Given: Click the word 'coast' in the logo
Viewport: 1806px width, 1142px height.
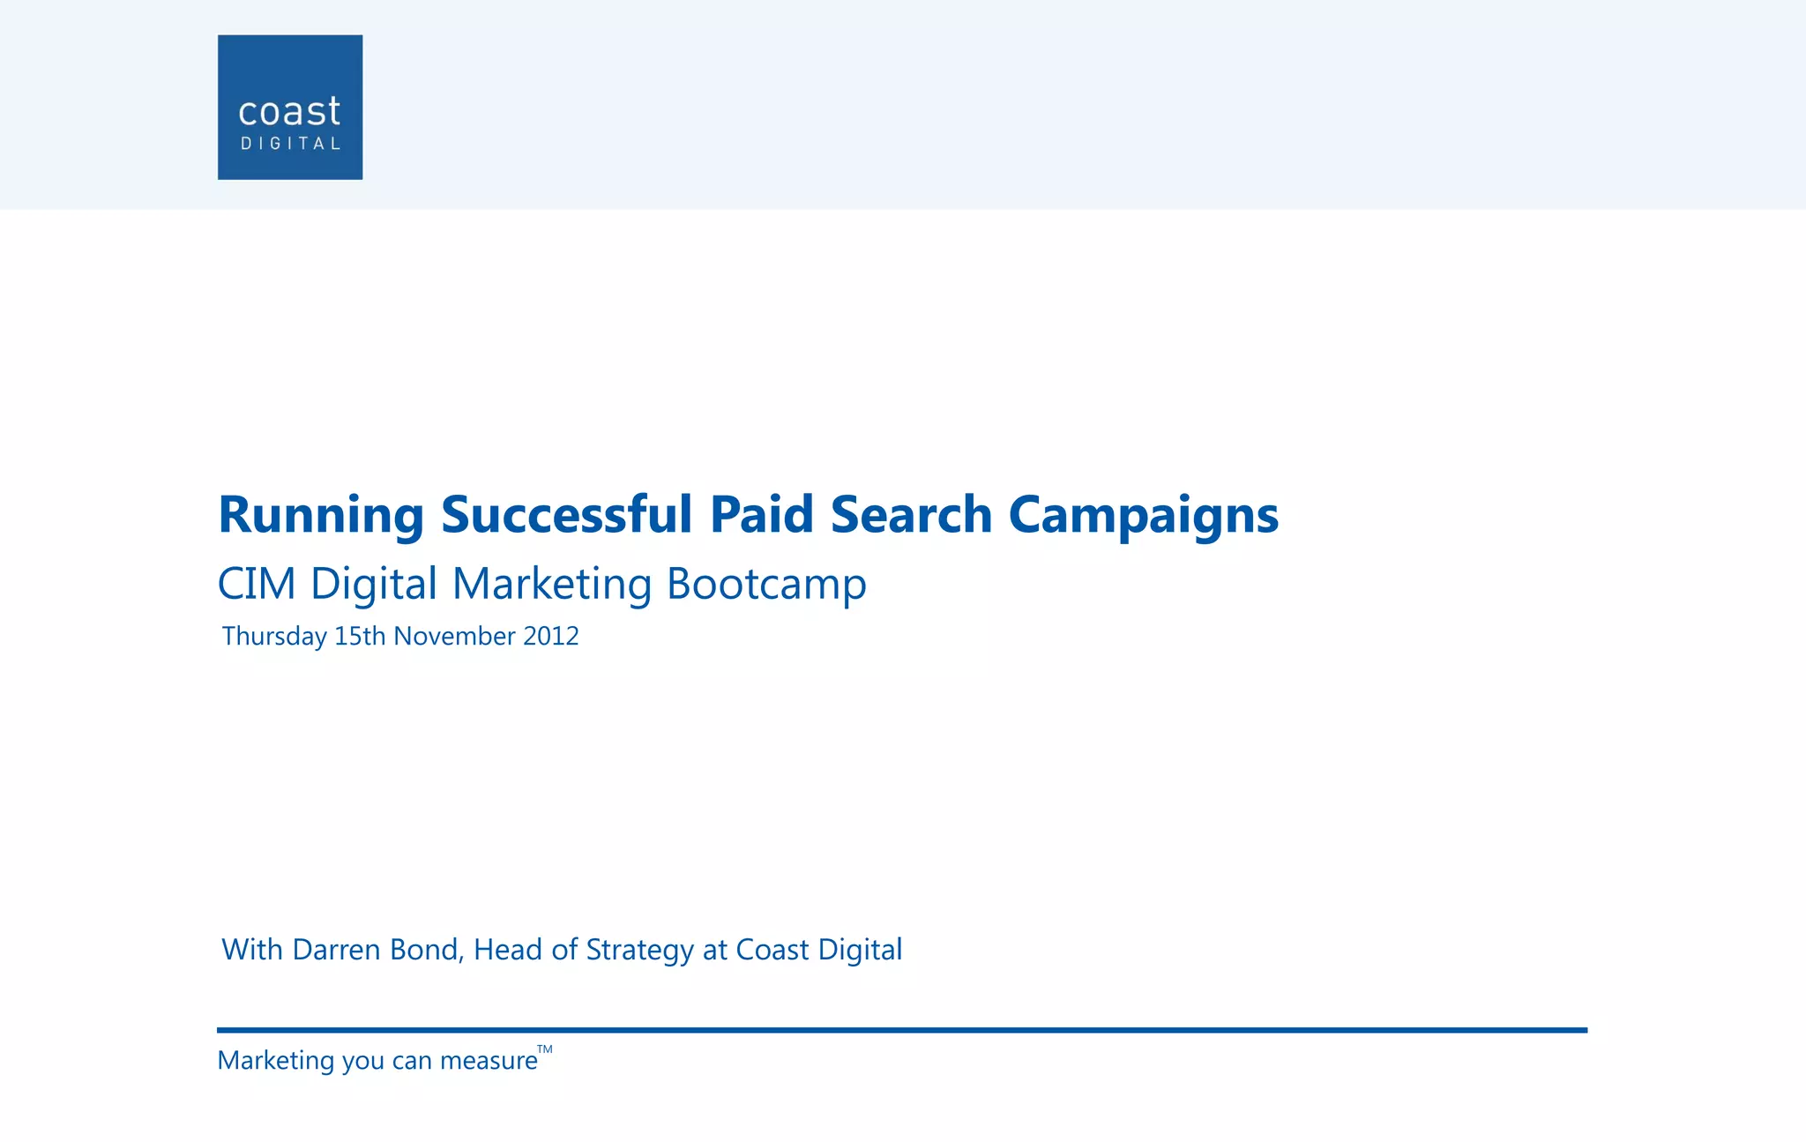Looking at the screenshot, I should (289, 112).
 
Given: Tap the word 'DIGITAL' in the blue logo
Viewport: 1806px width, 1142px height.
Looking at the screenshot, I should (290, 144).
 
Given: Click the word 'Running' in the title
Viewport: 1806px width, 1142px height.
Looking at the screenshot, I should (321, 515).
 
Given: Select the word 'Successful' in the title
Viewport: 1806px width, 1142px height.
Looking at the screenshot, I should (567, 515).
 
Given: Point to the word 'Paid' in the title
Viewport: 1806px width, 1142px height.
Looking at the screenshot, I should (761, 515).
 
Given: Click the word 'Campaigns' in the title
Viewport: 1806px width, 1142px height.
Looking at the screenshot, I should (1143, 515).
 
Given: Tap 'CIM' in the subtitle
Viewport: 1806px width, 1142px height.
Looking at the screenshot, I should (256, 584).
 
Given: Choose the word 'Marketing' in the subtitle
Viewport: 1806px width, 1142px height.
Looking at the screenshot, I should (552, 584).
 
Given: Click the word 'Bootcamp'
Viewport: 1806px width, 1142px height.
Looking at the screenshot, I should (766, 584).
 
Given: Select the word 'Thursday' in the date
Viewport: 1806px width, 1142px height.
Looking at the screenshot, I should (274, 637).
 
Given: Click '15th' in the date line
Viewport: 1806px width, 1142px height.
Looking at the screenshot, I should (360, 637).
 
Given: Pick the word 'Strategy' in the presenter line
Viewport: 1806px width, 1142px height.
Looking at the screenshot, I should (639, 950).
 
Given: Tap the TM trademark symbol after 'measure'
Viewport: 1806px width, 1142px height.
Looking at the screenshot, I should (545, 1049).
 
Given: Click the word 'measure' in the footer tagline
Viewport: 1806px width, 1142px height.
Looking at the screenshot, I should (489, 1061).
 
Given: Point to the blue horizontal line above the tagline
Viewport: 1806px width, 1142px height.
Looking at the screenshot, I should (901, 1030).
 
